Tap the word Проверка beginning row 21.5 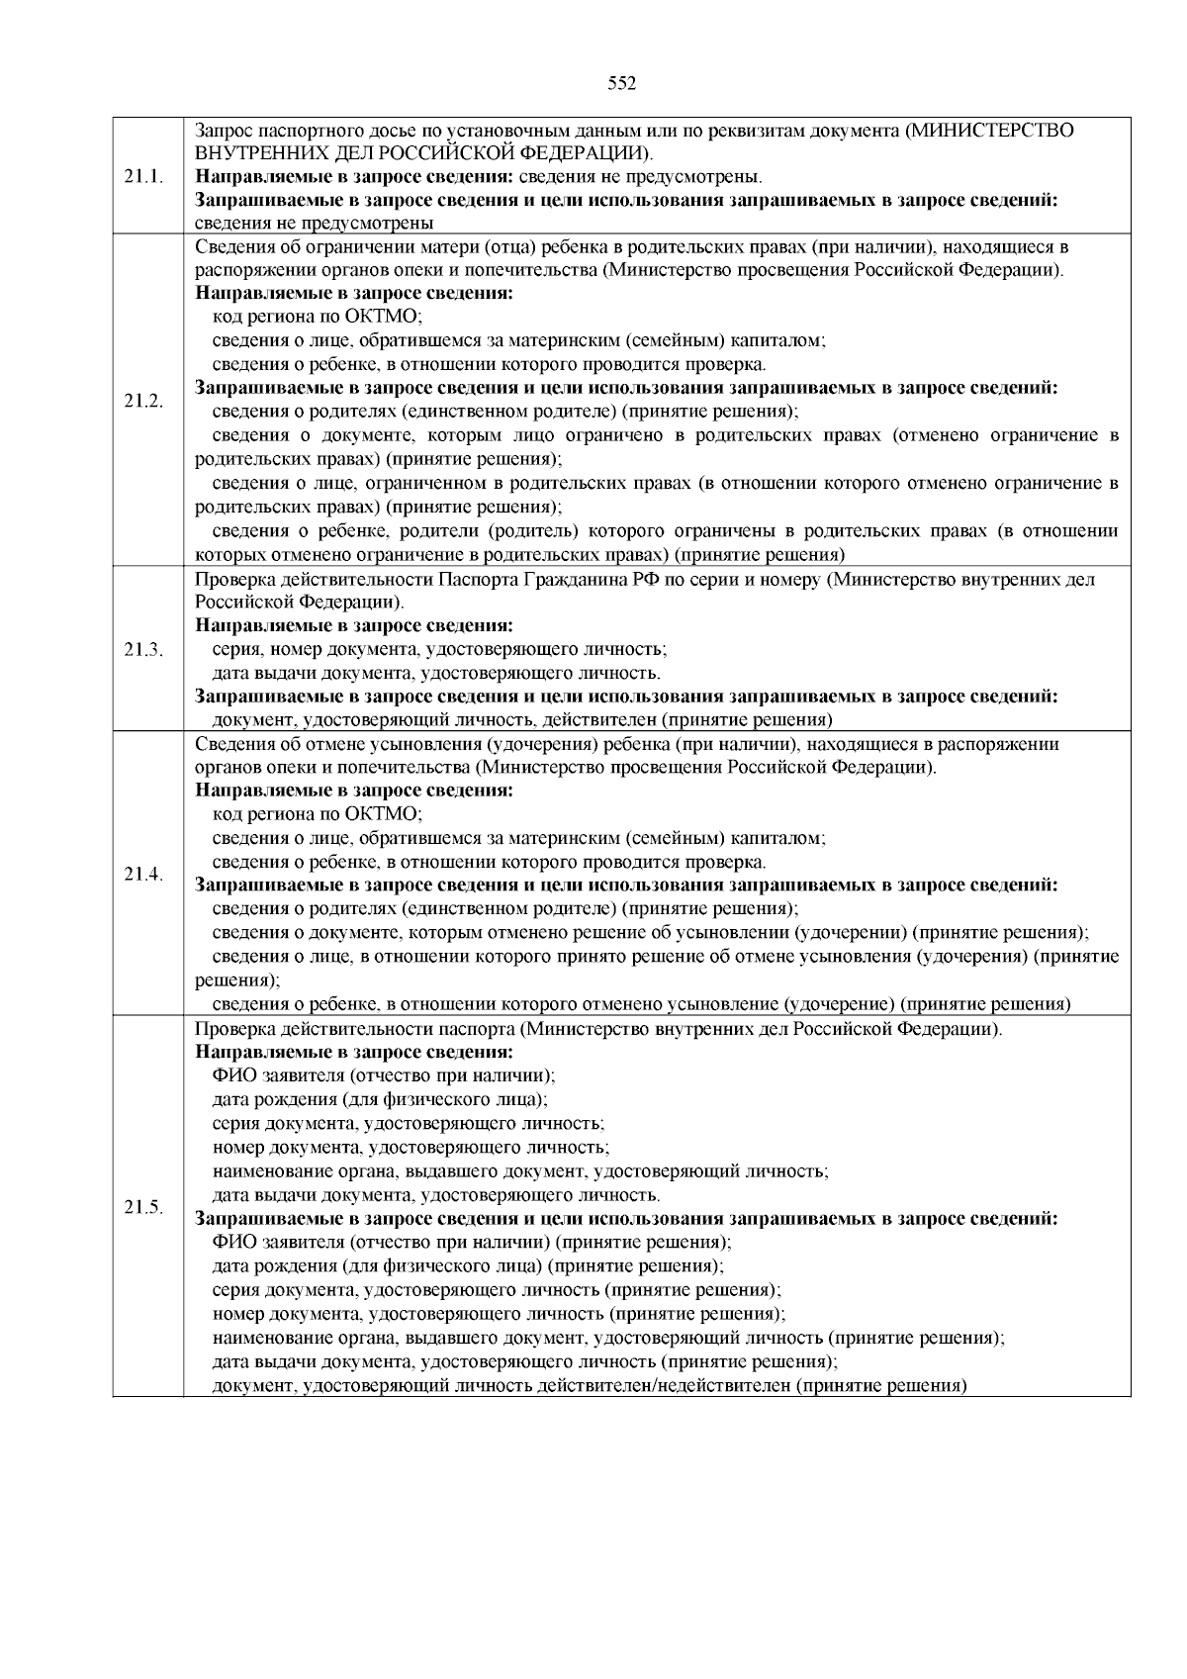coord(234,1029)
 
